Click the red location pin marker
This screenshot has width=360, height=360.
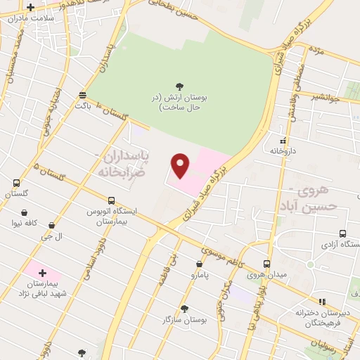(181, 166)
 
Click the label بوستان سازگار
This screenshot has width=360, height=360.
(184, 320)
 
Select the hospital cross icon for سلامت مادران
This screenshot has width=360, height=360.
(30, 8)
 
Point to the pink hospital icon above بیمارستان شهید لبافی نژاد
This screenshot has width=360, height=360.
(41, 272)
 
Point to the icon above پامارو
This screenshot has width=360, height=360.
(200, 265)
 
